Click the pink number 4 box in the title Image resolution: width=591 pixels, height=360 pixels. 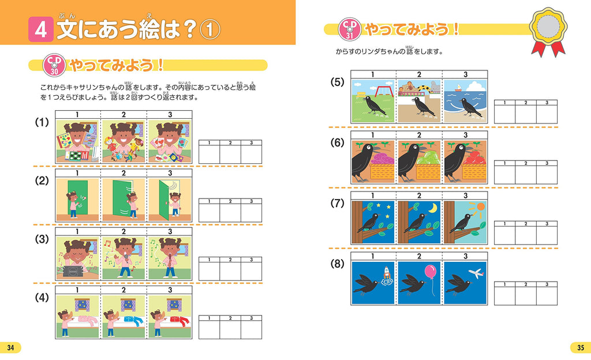click(x=40, y=30)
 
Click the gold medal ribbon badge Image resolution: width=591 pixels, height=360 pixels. click(x=549, y=29)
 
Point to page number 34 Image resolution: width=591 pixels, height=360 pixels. click(x=10, y=347)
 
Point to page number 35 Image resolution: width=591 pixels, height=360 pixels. click(x=580, y=347)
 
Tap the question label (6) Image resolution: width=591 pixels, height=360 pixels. click(x=338, y=142)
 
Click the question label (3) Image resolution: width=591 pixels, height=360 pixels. click(x=42, y=238)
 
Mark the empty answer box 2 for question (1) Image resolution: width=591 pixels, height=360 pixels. click(x=230, y=154)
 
